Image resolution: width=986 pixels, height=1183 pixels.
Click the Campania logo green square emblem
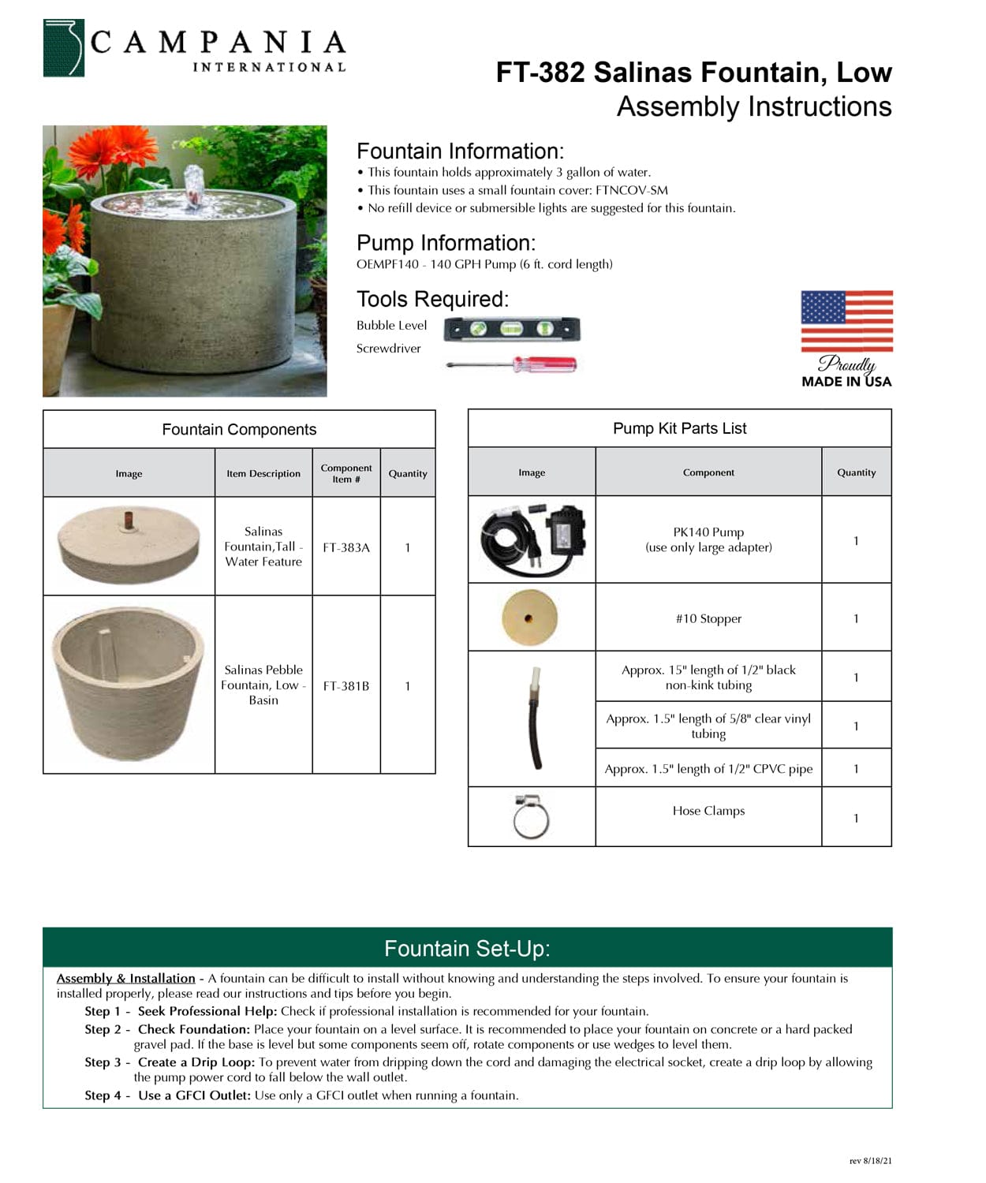pyautogui.click(x=63, y=48)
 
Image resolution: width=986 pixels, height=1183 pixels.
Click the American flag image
pyautogui.click(x=846, y=321)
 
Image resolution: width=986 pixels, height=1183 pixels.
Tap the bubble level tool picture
pyautogui.click(x=511, y=329)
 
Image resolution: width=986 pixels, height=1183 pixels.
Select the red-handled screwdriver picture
pyautogui.click(x=511, y=364)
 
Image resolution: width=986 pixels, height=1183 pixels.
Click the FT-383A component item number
pyautogui.click(x=345, y=547)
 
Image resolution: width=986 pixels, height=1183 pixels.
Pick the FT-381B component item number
pyautogui.click(x=345, y=686)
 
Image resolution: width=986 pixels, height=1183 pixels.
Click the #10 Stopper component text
pyautogui.click(x=708, y=619)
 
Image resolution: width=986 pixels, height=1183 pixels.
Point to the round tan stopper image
pyautogui.click(x=529, y=618)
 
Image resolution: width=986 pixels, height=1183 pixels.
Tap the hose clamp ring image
pyautogui.click(x=531, y=817)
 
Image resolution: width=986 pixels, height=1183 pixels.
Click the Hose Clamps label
pyautogui.click(x=708, y=811)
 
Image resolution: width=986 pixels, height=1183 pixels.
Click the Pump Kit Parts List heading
pyautogui.click(x=679, y=428)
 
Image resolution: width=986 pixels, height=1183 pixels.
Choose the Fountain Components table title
pyautogui.click(x=239, y=430)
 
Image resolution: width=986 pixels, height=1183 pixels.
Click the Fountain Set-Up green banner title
pyautogui.click(x=467, y=949)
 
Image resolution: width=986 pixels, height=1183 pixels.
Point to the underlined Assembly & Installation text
pyautogui.click(x=125, y=979)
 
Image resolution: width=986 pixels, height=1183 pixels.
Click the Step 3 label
pyautogui.click(x=103, y=1062)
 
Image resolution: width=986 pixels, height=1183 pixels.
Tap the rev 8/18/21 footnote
pyautogui.click(x=870, y=1161)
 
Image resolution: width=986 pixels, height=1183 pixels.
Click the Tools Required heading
pyautogui.click(x=432, y=300)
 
